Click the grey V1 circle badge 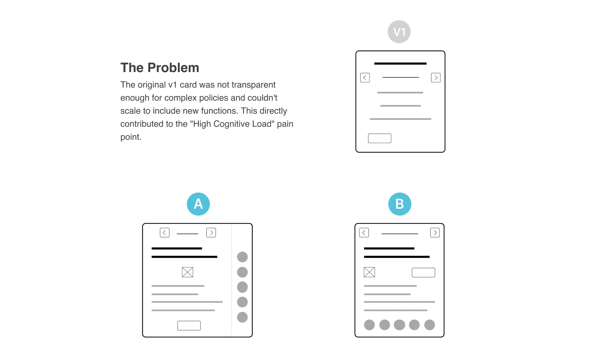coord(399,32)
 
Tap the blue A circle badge coord(198,204)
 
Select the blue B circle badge coord(400,204)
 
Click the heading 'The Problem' coord(160,68)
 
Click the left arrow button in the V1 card coord(365,78)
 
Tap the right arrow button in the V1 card coord(436,78)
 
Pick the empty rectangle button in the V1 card coord(380,138)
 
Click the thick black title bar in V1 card coord(400,63)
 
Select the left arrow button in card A coord(165,233)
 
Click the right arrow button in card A coord(211,233)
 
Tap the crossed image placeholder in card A coord(187,272)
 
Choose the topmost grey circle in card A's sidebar coord(242,257)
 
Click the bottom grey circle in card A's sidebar coord(242,317)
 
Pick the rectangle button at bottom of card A coord(189,326)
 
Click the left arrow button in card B coord(364,233)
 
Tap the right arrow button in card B coord(435,233)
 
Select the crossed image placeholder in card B coord(369,272)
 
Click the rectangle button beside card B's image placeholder coord(423,272)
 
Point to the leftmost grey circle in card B coord(369,325)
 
